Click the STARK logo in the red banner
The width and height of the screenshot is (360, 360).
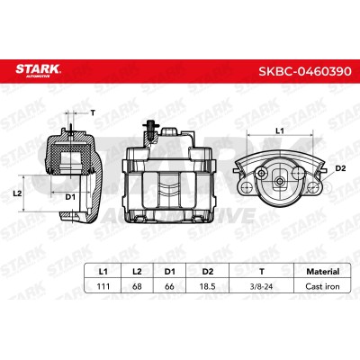point(38,70)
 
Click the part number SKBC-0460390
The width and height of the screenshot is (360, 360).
point(305,71)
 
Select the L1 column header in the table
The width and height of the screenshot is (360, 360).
point(103,272)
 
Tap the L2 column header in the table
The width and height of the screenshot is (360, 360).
point(137,272)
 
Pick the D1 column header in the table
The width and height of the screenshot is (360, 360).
point(169,272)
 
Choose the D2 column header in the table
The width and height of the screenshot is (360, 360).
point(208,272)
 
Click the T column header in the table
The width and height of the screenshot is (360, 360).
point(262,272)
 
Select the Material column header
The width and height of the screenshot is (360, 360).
point(323,272)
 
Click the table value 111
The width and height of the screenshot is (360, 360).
point(103,286)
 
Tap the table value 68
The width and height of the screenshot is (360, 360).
point(137,286)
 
